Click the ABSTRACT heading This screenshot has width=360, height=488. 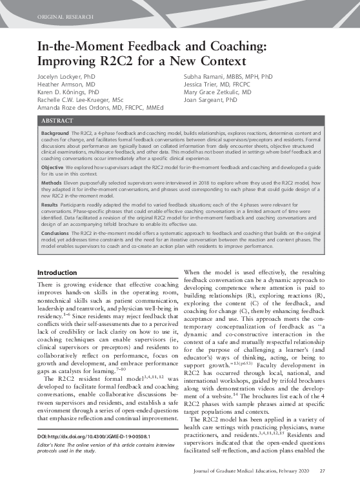coord(57,121)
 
